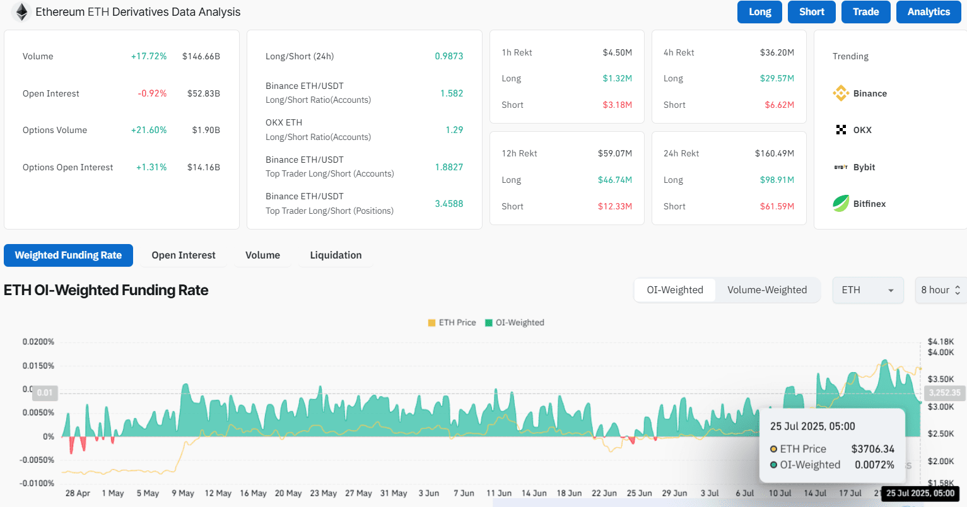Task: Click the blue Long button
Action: tap(759, 11)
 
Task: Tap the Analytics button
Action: tap(929, 11)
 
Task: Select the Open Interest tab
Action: tap(184, 255)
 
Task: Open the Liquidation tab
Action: tap(336, 255)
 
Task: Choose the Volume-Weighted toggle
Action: tap(767, 290)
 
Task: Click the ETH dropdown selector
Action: tap(868, 290)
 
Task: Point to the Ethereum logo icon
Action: tap(21, 11)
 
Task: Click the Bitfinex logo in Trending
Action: tap(841, 204)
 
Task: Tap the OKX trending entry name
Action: tap(862, 130)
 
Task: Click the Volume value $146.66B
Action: tap(201, 56)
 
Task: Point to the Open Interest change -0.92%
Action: tap(152, 93)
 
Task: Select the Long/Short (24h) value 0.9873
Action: tap(449, 56)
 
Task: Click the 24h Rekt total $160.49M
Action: tap(775, 153)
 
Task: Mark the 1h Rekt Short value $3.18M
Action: tap(618, 105)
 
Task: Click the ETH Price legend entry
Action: tap(452, 322)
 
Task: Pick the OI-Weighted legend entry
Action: tap(515, 322)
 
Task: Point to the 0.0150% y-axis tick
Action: tap(38, 366)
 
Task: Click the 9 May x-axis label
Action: tap(182, 492)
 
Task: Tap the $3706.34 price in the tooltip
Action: tap(873, 449)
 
